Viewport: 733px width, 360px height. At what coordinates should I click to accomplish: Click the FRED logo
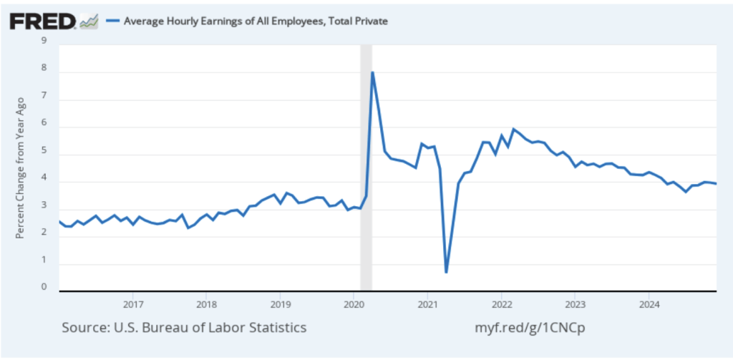coord(42,21)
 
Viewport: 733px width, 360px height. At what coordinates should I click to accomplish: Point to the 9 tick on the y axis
coord(44,41)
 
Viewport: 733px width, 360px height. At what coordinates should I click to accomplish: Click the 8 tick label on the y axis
coord(44,69)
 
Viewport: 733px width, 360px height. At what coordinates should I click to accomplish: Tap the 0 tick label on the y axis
coord(44,288)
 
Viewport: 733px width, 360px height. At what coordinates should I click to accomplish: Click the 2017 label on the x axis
coord(133,303)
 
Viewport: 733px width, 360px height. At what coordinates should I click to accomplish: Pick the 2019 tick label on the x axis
coord(281,303)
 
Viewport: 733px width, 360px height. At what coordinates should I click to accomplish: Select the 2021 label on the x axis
coord(427,303)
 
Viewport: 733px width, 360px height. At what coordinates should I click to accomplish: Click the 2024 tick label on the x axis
coord(648,303)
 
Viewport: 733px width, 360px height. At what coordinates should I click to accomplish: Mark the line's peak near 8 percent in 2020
coord(372,72)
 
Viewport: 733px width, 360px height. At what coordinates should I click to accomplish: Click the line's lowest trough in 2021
coord(446,272)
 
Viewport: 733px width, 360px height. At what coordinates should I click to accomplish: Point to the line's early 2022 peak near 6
coord(513,130)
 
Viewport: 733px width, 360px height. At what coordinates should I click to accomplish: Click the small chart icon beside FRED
coord(89,21)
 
